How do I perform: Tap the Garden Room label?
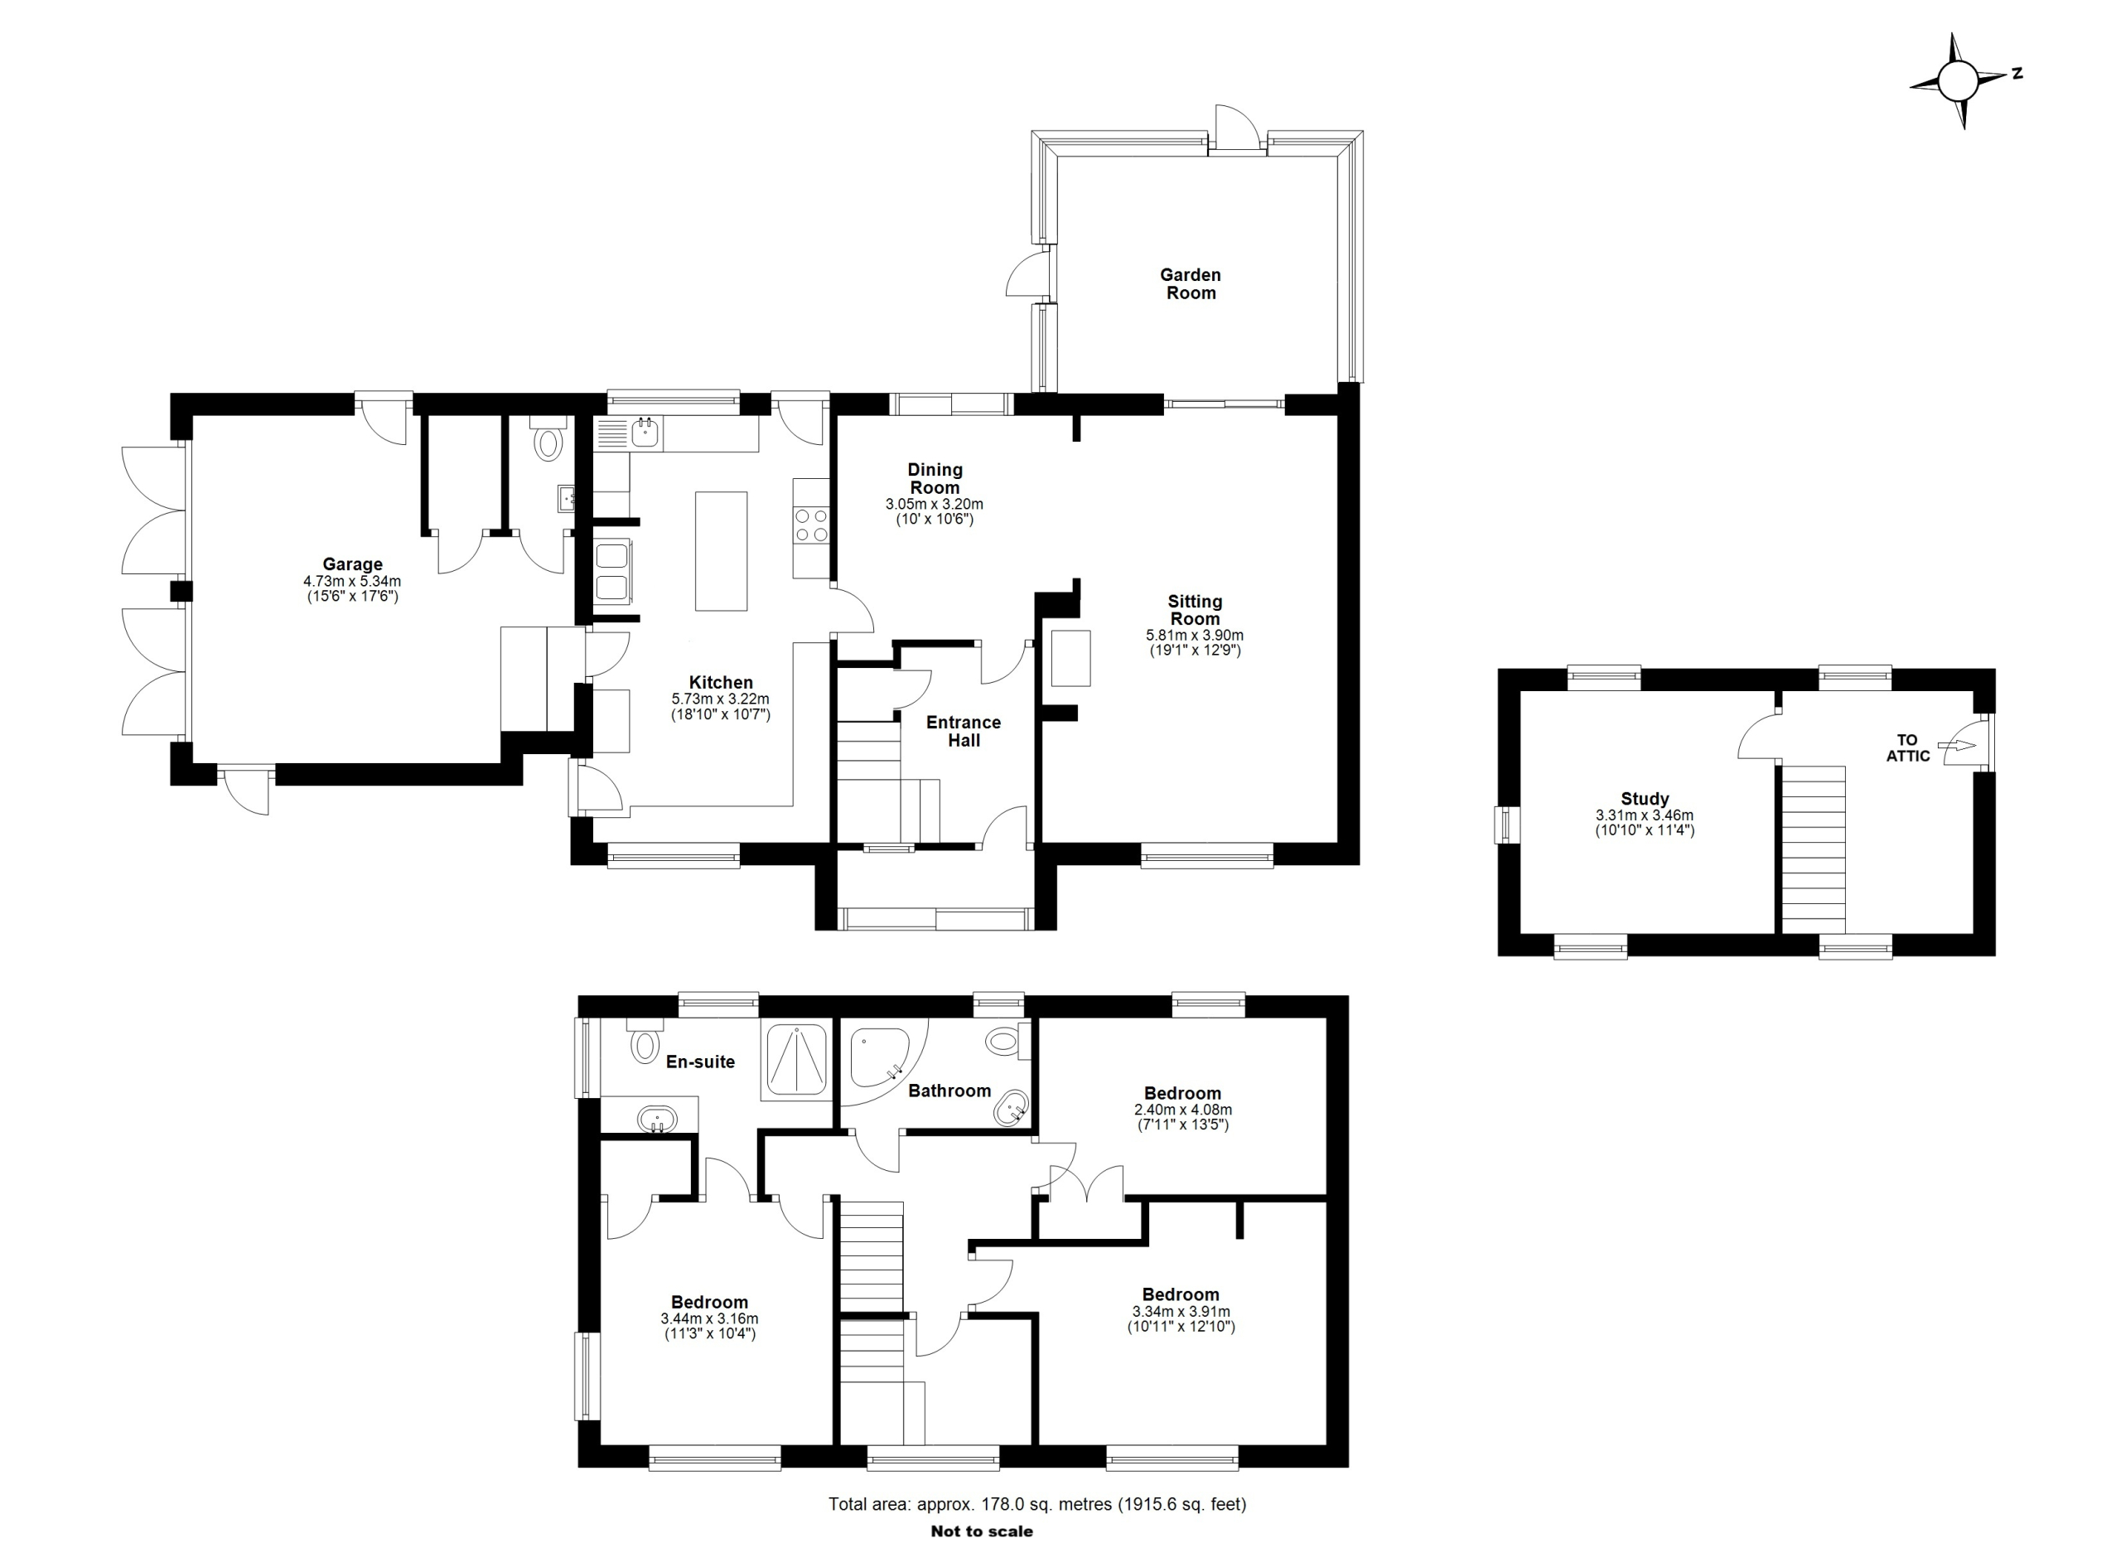coord(1191,283)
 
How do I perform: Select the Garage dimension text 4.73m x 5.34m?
coord(353,581)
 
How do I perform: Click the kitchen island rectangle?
coord(721,551)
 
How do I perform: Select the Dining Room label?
coord(935,478)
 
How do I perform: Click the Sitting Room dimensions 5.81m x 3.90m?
coord(1196,635)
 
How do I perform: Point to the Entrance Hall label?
coord(964,731)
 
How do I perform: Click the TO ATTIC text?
coord(1908,748)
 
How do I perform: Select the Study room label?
coord(1645,799)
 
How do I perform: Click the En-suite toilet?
coord(645,1042)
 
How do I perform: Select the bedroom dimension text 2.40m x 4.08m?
coord(1183,1110)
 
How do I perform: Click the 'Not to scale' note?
coord(982,1531)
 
